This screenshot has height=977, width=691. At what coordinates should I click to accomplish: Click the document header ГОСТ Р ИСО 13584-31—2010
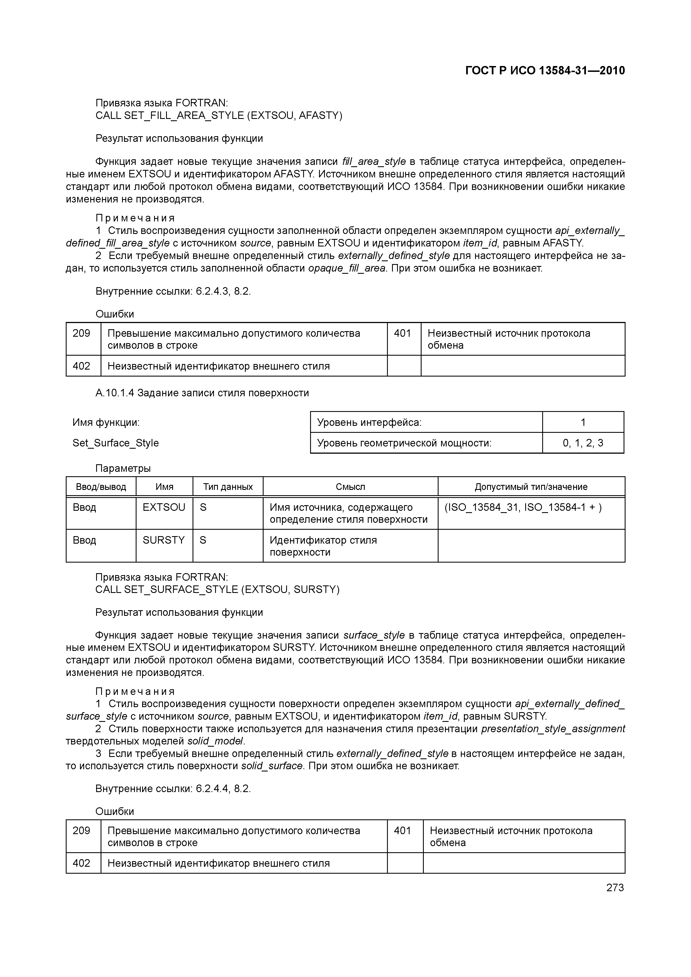545,71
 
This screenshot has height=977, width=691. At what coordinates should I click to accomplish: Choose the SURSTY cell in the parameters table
164,540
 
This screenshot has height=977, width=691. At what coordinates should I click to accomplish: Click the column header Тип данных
228,487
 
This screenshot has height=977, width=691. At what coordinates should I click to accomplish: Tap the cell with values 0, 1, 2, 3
583,443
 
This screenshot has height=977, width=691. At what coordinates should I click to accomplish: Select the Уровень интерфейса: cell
369,422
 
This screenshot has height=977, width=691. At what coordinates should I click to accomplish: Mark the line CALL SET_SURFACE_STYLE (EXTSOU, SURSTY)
217,589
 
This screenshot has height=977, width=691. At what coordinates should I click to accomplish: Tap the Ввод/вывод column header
101,487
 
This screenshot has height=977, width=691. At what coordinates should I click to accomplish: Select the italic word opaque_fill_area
347,268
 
